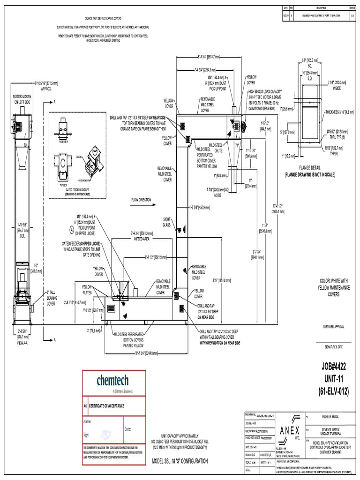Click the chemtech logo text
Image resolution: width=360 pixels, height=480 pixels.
point(112,380)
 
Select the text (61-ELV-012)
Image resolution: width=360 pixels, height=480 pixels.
point(335,391)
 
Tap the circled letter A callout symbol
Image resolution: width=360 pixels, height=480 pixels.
point(72,230)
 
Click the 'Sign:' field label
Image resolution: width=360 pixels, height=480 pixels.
point(86,435)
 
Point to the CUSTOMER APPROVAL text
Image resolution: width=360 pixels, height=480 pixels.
point(335,326)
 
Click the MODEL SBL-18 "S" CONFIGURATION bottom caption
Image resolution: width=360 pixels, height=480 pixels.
point(180,462)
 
